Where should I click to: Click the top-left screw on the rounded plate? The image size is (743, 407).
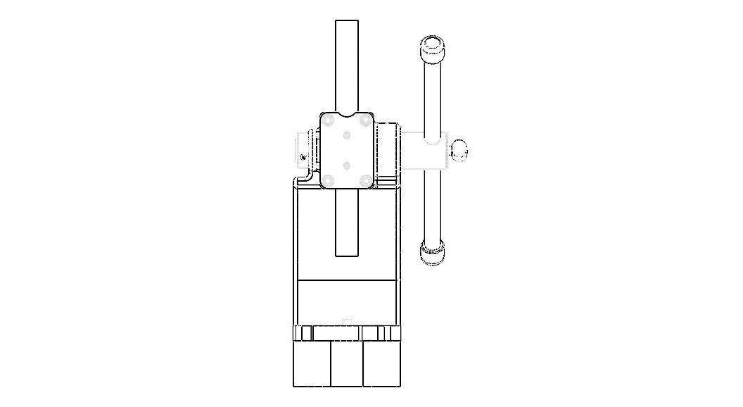pyautogui.click(x=329, y=120)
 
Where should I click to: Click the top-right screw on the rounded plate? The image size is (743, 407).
pyautogui.click(x=365, y=120)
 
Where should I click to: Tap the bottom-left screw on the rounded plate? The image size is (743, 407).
pyautogui.click(x=329, y=180)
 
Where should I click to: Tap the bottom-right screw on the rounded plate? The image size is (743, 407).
pyautogui.click(x=365, y=180)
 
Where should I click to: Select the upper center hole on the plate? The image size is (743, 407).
pyautogui.click(x=347, y=134)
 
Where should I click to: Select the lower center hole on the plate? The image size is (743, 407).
pyautogui.click(x=347, y=165)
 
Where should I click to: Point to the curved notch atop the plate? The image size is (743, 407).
pyautogui.click(x=347, y=114)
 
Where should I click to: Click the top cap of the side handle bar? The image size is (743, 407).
pyautogui.click(x=433, y=49)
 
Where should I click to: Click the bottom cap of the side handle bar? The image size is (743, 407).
pyautogui.click(x=433, y=252)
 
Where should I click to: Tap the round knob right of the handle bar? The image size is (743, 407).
pyautogui.click(x=459, y=149)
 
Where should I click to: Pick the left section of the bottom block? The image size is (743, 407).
pyautogui.click(x=312, y=364)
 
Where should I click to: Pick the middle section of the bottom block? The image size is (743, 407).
pyautogui.click(x=347, y=364)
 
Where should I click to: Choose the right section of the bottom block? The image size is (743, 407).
pyautogui.click(x=381, y=364)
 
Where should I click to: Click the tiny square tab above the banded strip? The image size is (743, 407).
pyautogui.click(x=346, y=323)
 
